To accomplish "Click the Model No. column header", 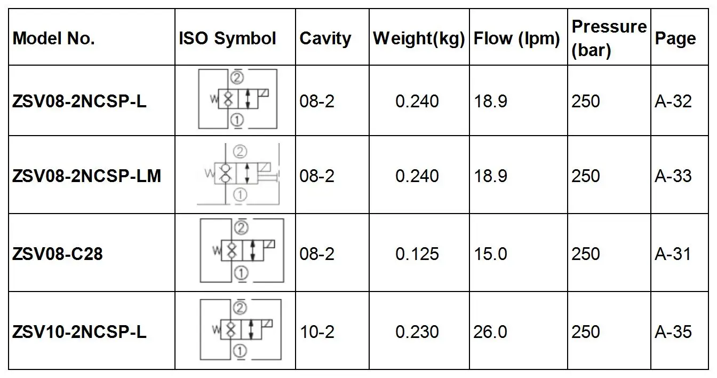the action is coord(54,38).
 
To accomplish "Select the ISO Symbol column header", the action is coord(227,38).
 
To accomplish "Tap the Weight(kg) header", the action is coord(419,38).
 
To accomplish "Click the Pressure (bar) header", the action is coord(609,38).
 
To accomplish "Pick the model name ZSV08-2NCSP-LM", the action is coord(86,176).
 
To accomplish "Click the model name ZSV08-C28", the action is coord(58,254).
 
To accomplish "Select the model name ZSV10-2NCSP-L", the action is coord(79,332).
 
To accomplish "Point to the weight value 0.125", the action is coord(417,254).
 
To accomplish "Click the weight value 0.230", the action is coord(417,332).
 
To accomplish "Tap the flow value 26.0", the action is coord(490,332).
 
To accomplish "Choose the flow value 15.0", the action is coord(490,254).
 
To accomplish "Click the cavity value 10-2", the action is coord(317,332).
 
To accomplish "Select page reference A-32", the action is coord(673,101).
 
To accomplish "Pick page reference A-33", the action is coord(673,176).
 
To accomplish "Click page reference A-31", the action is coord(673,254).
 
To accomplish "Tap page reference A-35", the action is coord(673,332).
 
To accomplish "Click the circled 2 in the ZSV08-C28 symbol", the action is coord(241,229).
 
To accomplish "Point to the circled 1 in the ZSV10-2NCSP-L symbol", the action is coord(240,351).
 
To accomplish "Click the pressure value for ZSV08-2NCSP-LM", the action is coord(586,176).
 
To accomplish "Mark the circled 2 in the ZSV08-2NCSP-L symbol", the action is coord(237,78).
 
